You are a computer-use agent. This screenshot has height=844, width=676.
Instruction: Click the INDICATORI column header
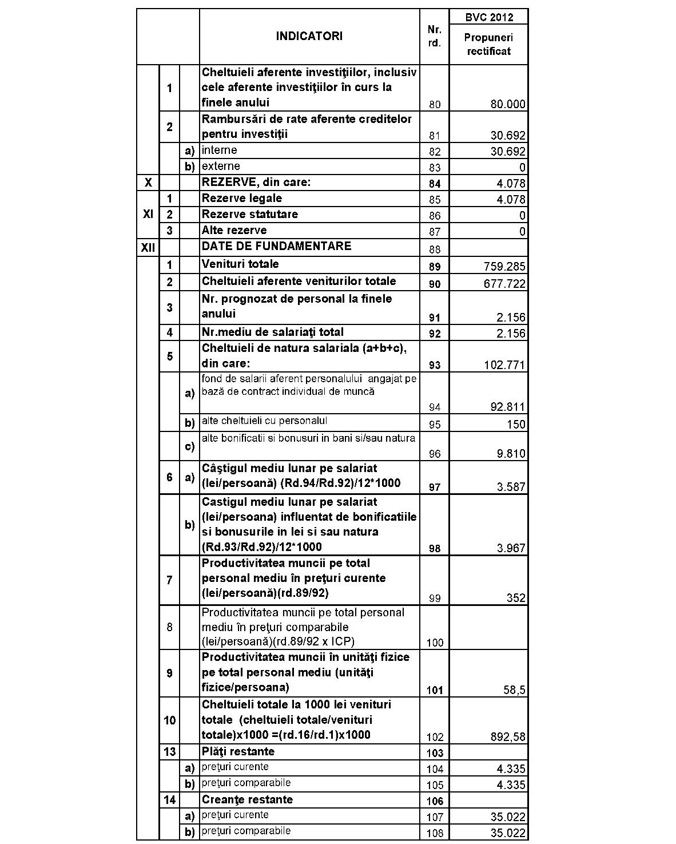pyautogui.click(x=309, y=36)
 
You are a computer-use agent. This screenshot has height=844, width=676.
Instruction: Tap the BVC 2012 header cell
pyautogui.click(x=488, y=17)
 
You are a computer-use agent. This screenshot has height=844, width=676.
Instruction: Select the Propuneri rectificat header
pyautogui.click(x=488, y=45)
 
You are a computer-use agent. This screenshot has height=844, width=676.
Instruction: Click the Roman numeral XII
pyautogui.click(x=148, y=247)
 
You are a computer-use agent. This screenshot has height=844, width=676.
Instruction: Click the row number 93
pyautogui.click(x=434, y=365)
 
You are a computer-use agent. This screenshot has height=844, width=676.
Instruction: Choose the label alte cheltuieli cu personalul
pyautogui.click(x=264, y=421)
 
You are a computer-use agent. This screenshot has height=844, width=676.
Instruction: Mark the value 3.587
pyautogui.click(x=511, y=487)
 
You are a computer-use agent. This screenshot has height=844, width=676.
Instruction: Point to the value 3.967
pyautogui.click(x=511, y=548)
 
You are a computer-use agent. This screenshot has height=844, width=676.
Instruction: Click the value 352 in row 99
pyautogui.click(x=516, y=598)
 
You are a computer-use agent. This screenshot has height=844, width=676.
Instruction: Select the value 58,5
pyautogui.click(x=514, y=690)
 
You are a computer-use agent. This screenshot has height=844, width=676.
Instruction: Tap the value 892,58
pyautogui.click(x=508, y=737)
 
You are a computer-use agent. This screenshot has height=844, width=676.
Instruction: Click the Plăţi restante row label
pyautogui.click(x=238, y=752)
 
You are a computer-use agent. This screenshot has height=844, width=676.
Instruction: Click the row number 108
pyautogui.click(x=434, y=833)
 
